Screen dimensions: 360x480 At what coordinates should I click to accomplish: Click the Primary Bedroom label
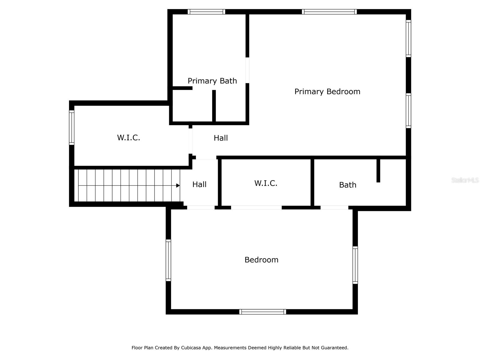(327, 91)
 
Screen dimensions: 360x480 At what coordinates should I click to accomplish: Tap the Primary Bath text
(212, 81)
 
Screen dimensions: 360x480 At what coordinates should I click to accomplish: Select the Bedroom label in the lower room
(261, 259)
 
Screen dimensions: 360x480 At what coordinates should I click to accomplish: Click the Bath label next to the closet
(347, 185)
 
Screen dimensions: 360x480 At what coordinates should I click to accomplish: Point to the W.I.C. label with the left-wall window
(128, 137)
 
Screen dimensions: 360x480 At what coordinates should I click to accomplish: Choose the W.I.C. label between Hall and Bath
(265, 183)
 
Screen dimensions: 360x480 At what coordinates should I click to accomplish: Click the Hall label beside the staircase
(199, 184)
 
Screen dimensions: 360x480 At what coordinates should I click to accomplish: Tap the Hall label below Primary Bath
(220, 138)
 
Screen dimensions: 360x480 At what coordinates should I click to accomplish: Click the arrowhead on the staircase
(178, 186)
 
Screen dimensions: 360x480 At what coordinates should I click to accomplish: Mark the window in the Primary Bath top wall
(206, 12)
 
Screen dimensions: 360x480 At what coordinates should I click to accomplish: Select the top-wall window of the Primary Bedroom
(329, 12)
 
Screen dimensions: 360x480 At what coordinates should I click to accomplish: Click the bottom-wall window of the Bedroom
(262, 312)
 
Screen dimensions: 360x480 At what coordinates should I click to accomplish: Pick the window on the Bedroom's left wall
(168, 260)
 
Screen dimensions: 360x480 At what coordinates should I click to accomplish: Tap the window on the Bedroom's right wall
(355, 265)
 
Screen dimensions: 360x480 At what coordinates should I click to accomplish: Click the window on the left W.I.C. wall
(72, 127)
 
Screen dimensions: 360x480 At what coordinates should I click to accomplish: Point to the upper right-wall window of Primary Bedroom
(408, 38)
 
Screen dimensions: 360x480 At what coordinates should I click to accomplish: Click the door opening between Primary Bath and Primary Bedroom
(247, 70)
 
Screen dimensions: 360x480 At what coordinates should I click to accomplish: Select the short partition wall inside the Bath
(378, 170)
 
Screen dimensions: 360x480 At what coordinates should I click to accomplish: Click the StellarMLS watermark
(465, 180)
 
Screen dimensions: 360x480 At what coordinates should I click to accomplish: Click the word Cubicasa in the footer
(191, 348)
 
